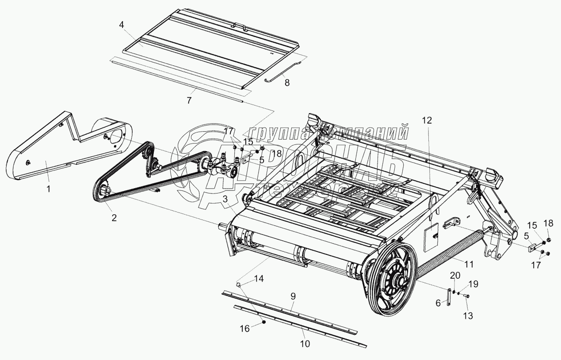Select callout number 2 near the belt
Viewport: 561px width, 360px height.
coord(114,217)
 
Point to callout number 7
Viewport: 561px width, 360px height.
coord(189,100)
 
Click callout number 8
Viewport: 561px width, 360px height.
coord(287,82)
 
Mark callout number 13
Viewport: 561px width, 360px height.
coord(468,315)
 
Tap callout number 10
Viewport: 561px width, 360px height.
coord(305,343)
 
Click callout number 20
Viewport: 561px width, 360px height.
coord(455,275)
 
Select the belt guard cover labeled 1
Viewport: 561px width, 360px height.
coord(40,150)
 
